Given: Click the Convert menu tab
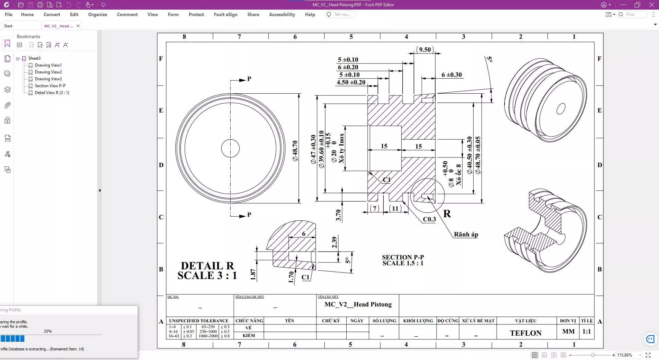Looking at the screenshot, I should (51, 14).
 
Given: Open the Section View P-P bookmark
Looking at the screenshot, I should (50, 86).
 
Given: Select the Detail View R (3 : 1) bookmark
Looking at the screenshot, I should (52, 93).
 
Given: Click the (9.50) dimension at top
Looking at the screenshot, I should (425, 49).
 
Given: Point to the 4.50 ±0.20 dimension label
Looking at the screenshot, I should (351, 82).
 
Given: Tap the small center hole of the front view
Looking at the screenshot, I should (230, 148).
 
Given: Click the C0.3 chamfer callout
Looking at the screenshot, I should (429, 219).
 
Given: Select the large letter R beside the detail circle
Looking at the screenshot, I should (447, 214).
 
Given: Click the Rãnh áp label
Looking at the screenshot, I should (466, 234).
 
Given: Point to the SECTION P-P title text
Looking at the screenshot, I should (403, 257).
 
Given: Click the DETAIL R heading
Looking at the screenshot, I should (207, 266).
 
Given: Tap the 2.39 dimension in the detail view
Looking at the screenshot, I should (334, 242).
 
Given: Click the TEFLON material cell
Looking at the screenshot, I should (525, 333).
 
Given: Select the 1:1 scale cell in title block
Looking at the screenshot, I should (587, 332).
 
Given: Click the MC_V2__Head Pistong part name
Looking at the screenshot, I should (358, 304).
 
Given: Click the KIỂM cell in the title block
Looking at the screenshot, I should (248, 336).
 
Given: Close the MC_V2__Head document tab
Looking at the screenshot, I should (78, 26).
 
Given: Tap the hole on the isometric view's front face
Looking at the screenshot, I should (560, 109).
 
